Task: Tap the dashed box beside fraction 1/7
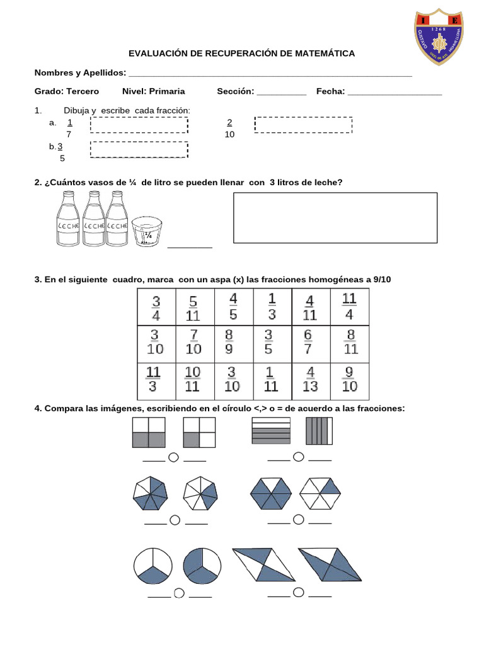tap(139, 125)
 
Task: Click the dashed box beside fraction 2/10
tap(303, 125)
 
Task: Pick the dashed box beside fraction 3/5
tap(139, 149)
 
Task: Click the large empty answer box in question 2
tap(335, 218)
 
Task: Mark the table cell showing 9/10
tap(350, 379)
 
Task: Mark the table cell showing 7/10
tap(195, 342)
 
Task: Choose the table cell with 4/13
tap(311, 379)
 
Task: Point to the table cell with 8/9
tap(234, 342)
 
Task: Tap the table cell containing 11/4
tap(350, 306)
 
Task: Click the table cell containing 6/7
tap(311, 342)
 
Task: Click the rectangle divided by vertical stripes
tap(319, 432)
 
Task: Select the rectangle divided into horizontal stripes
tap(270, 431)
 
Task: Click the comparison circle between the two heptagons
tap(175, 520)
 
